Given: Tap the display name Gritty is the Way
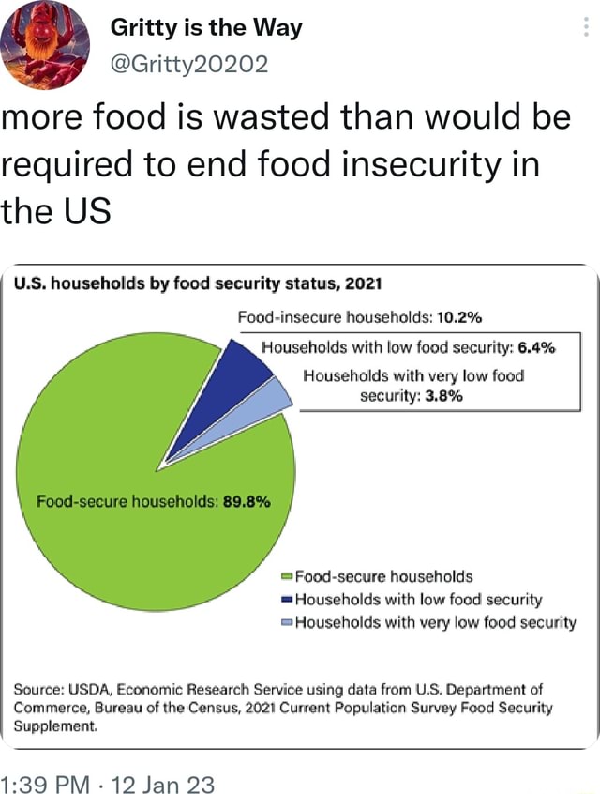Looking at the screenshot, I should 206,28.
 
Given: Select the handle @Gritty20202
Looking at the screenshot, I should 189,64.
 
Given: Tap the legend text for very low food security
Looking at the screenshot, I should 436,621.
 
